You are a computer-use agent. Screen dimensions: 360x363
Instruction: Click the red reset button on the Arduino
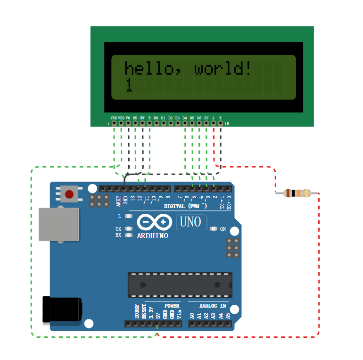[69, 194]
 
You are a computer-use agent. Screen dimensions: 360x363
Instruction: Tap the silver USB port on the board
[58, 224]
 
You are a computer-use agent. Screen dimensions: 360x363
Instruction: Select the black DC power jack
[62, 310]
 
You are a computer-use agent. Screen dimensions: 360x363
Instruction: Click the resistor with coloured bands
[297, 193]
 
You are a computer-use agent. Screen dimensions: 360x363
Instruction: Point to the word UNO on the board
[190, 222]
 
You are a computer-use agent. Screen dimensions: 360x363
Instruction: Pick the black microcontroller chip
[180, 285]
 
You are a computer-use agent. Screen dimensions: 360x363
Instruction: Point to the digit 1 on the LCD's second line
[129, 85]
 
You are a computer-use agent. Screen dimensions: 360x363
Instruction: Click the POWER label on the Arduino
[172, 306]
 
